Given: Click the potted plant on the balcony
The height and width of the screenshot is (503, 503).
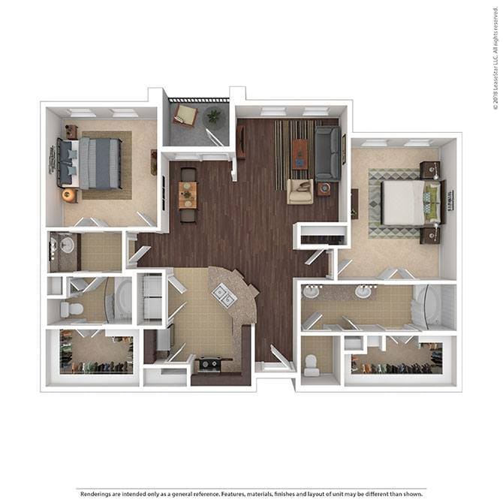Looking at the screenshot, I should point(214,116).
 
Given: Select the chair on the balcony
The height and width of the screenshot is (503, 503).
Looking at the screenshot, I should point(185,115).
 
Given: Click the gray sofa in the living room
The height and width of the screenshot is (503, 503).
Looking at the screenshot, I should point(327,153).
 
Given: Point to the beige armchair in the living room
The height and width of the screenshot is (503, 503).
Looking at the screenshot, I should point(300,192).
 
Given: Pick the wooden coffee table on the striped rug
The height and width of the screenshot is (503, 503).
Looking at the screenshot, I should point(300,154).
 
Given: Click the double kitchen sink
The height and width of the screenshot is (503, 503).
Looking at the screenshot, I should point(224,296).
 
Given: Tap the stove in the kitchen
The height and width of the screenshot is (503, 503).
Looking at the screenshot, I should point(208,366).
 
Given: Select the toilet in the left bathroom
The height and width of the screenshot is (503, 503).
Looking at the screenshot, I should point(73,309).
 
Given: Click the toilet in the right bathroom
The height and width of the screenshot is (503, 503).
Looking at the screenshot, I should point(312,366).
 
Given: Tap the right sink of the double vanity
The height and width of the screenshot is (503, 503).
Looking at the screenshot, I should point(363,292).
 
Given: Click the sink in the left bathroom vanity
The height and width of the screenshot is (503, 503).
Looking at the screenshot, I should point(66,245).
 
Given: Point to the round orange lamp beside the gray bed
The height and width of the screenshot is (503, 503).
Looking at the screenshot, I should point(68,195).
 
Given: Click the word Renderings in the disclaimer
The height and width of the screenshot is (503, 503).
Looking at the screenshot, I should point(99,494).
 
